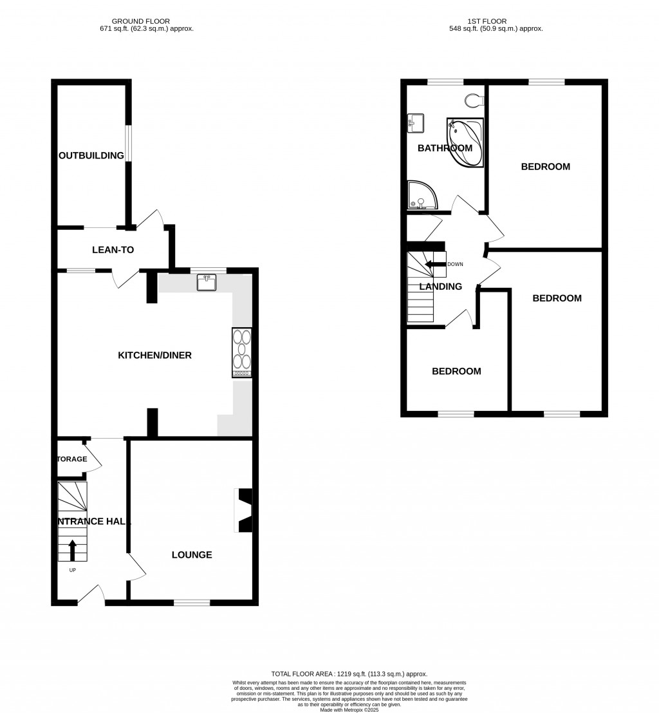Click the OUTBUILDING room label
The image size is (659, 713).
pos(91,156)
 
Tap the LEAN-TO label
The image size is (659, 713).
pos(113,250)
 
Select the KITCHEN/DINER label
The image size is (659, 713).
pos(154,356)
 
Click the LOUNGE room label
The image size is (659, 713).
pos(192,555)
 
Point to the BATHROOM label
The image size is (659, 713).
pos(445,148)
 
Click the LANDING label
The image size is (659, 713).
pos(441,287)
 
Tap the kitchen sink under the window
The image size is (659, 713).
pos(207,282)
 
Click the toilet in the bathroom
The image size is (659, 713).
pos(474,99)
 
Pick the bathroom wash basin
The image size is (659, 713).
pos(414,122)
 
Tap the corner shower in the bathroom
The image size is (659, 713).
pos(421,195)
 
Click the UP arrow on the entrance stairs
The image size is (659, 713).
pos(72,551)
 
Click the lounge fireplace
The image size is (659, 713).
pos(245,511)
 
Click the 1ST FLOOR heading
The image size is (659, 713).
pos(496,21)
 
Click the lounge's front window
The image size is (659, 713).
pos(192,603)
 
